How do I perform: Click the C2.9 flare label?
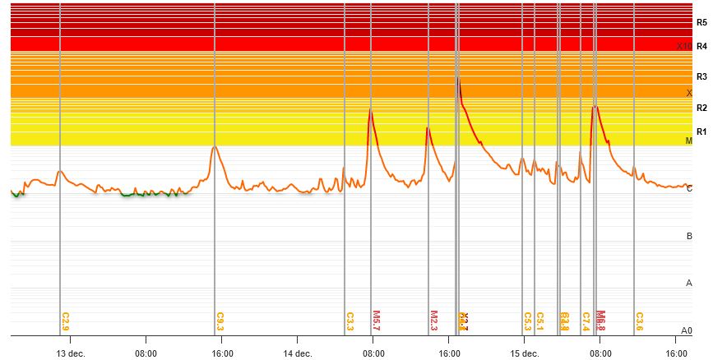pos(66,321)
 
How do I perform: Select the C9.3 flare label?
pos(220,321)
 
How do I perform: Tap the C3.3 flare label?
pos(350,321)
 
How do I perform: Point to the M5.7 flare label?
pos(377,320)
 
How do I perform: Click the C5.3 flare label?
pos(527,321)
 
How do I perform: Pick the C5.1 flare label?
pos(540,321)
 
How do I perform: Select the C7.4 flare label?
pos(586,321)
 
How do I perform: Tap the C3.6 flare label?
pos(639,321)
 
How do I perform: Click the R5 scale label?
pos(701,23)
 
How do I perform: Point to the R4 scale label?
pos(701,46)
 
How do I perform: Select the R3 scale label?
pos(701,76)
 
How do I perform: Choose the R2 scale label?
pos(701,108)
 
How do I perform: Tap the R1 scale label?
pos(701,132)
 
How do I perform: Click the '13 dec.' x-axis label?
pos(71,353)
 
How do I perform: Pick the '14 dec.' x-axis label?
pos(298,353)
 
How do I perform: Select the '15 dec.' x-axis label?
pos(525,353)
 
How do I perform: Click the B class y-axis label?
pos(689,237)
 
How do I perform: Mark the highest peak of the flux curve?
pos(457,77)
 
